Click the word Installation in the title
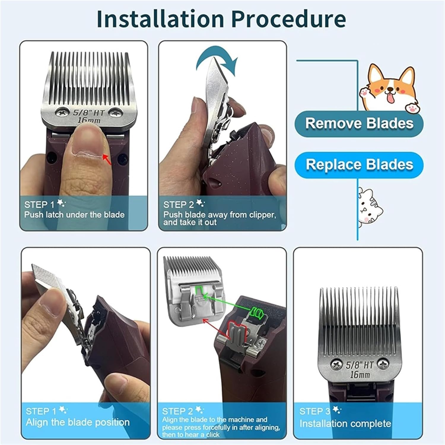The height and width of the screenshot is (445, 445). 160,19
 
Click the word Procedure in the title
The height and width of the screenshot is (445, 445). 288,19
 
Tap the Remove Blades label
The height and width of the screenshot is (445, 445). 359,123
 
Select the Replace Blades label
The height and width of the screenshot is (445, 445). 359,164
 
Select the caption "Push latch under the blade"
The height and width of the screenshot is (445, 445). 74,215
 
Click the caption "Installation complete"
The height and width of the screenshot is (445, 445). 345,423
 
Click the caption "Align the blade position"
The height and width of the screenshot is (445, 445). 77,422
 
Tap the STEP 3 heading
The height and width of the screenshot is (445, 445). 314,411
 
